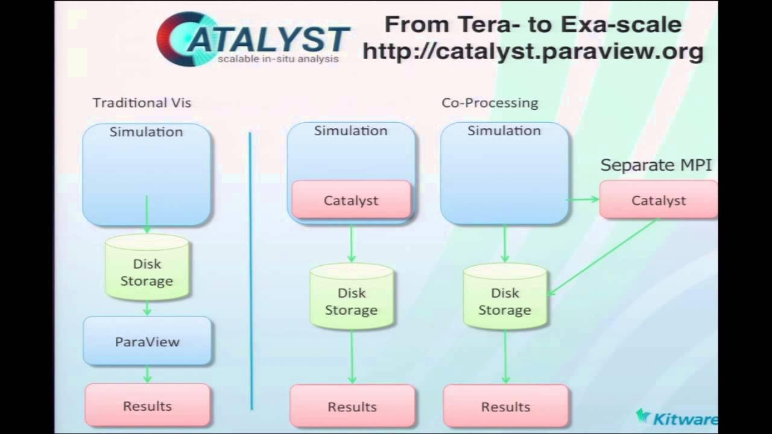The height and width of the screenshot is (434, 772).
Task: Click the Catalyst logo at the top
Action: tap(253, 38)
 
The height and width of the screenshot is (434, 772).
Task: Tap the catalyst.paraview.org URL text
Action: tap(533, 51)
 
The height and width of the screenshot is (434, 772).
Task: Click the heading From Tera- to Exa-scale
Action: tap(533, 24)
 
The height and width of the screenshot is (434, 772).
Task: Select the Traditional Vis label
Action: tap(142, 102)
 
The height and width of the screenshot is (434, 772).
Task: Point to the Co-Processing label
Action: tap(490, 102)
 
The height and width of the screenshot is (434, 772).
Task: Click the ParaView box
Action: tap(147, 341)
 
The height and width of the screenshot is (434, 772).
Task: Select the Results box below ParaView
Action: tap(147, 406)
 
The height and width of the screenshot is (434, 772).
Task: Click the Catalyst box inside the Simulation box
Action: tap(351, 200)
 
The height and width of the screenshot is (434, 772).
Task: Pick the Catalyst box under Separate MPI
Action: tap(658, 200)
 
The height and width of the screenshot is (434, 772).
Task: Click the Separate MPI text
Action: tap(656, 165)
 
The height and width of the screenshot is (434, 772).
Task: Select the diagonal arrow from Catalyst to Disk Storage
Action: tap(603, 257)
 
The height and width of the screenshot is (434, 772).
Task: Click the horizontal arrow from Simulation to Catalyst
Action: tap(583, 199)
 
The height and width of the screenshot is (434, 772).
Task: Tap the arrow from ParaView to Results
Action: tap(147, 374)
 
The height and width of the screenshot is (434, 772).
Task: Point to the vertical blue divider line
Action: tap(251, 271)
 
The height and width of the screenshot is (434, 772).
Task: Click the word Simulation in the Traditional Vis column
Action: tap(146, 131)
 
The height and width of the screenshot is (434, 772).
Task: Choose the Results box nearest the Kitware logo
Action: tap(505, 407)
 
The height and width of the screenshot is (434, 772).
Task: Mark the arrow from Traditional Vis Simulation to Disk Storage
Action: tap(147, 215)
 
